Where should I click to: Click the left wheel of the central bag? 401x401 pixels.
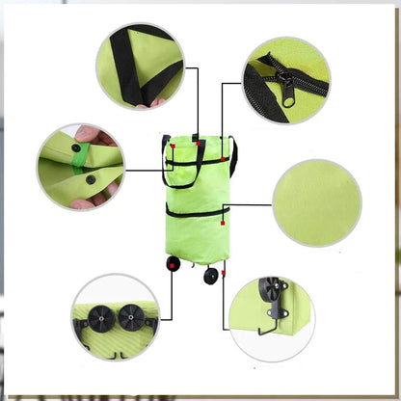click(x=174, y=263)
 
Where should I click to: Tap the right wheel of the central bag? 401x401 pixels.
click(x=210, y=277)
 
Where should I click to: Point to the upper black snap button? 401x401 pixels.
click(x=76, y=147)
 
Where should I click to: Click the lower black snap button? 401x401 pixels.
click(x=91, y=179)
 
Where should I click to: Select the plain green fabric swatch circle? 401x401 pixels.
click(x=317, y=202)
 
